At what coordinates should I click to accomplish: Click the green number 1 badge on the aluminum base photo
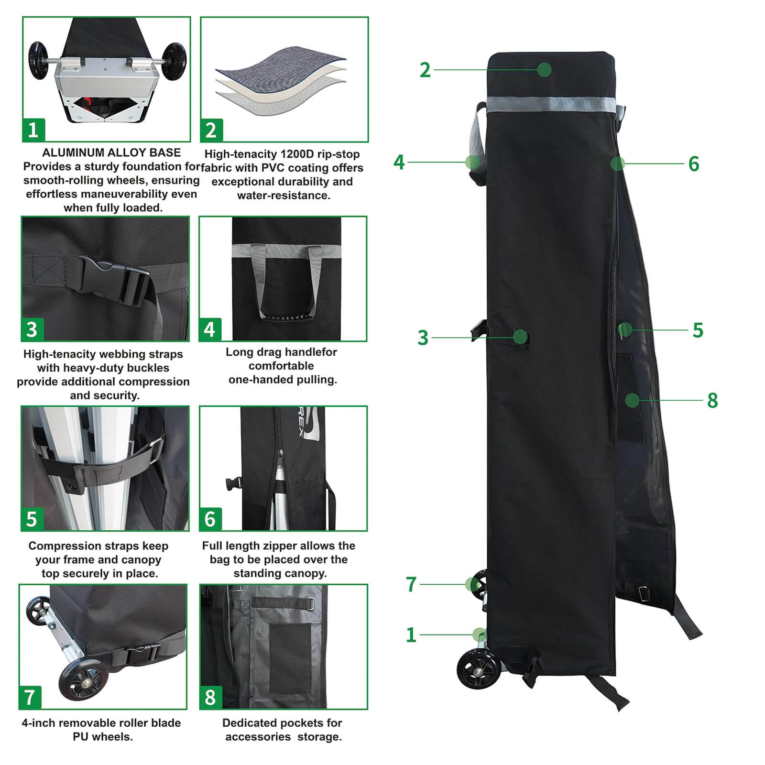(33, 130)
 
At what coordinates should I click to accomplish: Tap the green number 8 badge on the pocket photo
(210, 697)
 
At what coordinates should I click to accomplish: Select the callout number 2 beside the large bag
(425, 70)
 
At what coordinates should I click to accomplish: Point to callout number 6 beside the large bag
(694, 164)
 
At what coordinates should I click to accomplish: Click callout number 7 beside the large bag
(411, 584)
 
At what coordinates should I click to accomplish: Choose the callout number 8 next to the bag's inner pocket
(712, 400)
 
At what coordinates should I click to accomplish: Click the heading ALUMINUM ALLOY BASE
(111, 153)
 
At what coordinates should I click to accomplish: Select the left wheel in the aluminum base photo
(38, 60)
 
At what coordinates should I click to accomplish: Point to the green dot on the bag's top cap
(544, 70)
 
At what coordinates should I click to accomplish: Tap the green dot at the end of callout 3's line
(520, 337)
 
